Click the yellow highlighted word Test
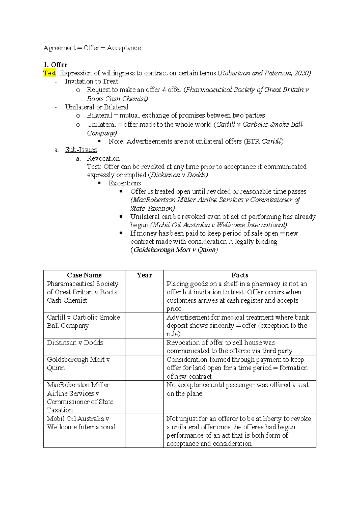click(49, 73)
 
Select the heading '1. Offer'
click(55, 65)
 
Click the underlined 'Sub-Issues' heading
click(81, 150)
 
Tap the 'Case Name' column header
click(84, 275)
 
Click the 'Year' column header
click(144, 275)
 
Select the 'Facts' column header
click(240, 275)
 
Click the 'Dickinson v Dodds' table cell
click(75, 343)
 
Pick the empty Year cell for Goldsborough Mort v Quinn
click(144, 368)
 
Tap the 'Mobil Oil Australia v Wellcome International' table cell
click(81, 423)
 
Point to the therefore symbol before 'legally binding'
click(231, 242)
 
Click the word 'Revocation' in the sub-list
click(103, 158)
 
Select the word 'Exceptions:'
click(125, 183)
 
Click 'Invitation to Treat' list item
click(91, 81)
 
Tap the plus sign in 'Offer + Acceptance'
click(103, 48)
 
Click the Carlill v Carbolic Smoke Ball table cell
click(83, 321)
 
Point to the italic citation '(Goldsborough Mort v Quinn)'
click(174, 250)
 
